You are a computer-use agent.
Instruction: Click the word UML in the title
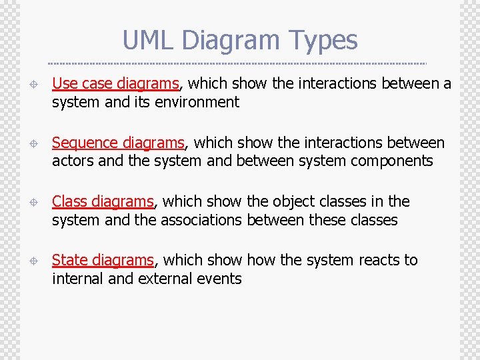tap(148, 40)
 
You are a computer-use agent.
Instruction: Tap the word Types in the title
tap(325, 40)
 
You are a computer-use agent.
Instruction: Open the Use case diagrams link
tap(115, 83)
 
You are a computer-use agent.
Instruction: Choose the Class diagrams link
tap(103, 201)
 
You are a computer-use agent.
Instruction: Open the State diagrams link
tap(103, 260)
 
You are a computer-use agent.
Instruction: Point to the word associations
tap(202, 220)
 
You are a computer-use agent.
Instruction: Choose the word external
tap(168, 279)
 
